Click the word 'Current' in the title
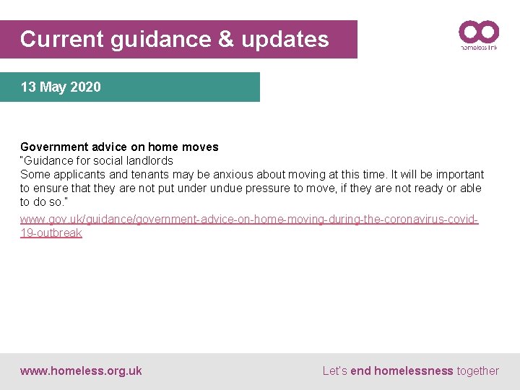(x=62, y=39)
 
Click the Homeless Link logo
(x=479, y=35)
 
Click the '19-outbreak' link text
(x=51, y=233)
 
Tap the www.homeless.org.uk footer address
(x=81, y=371)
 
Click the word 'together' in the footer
(x=477, y=371)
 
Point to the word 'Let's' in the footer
(x=335, y=371)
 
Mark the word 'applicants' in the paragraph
(x=79, y=174)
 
